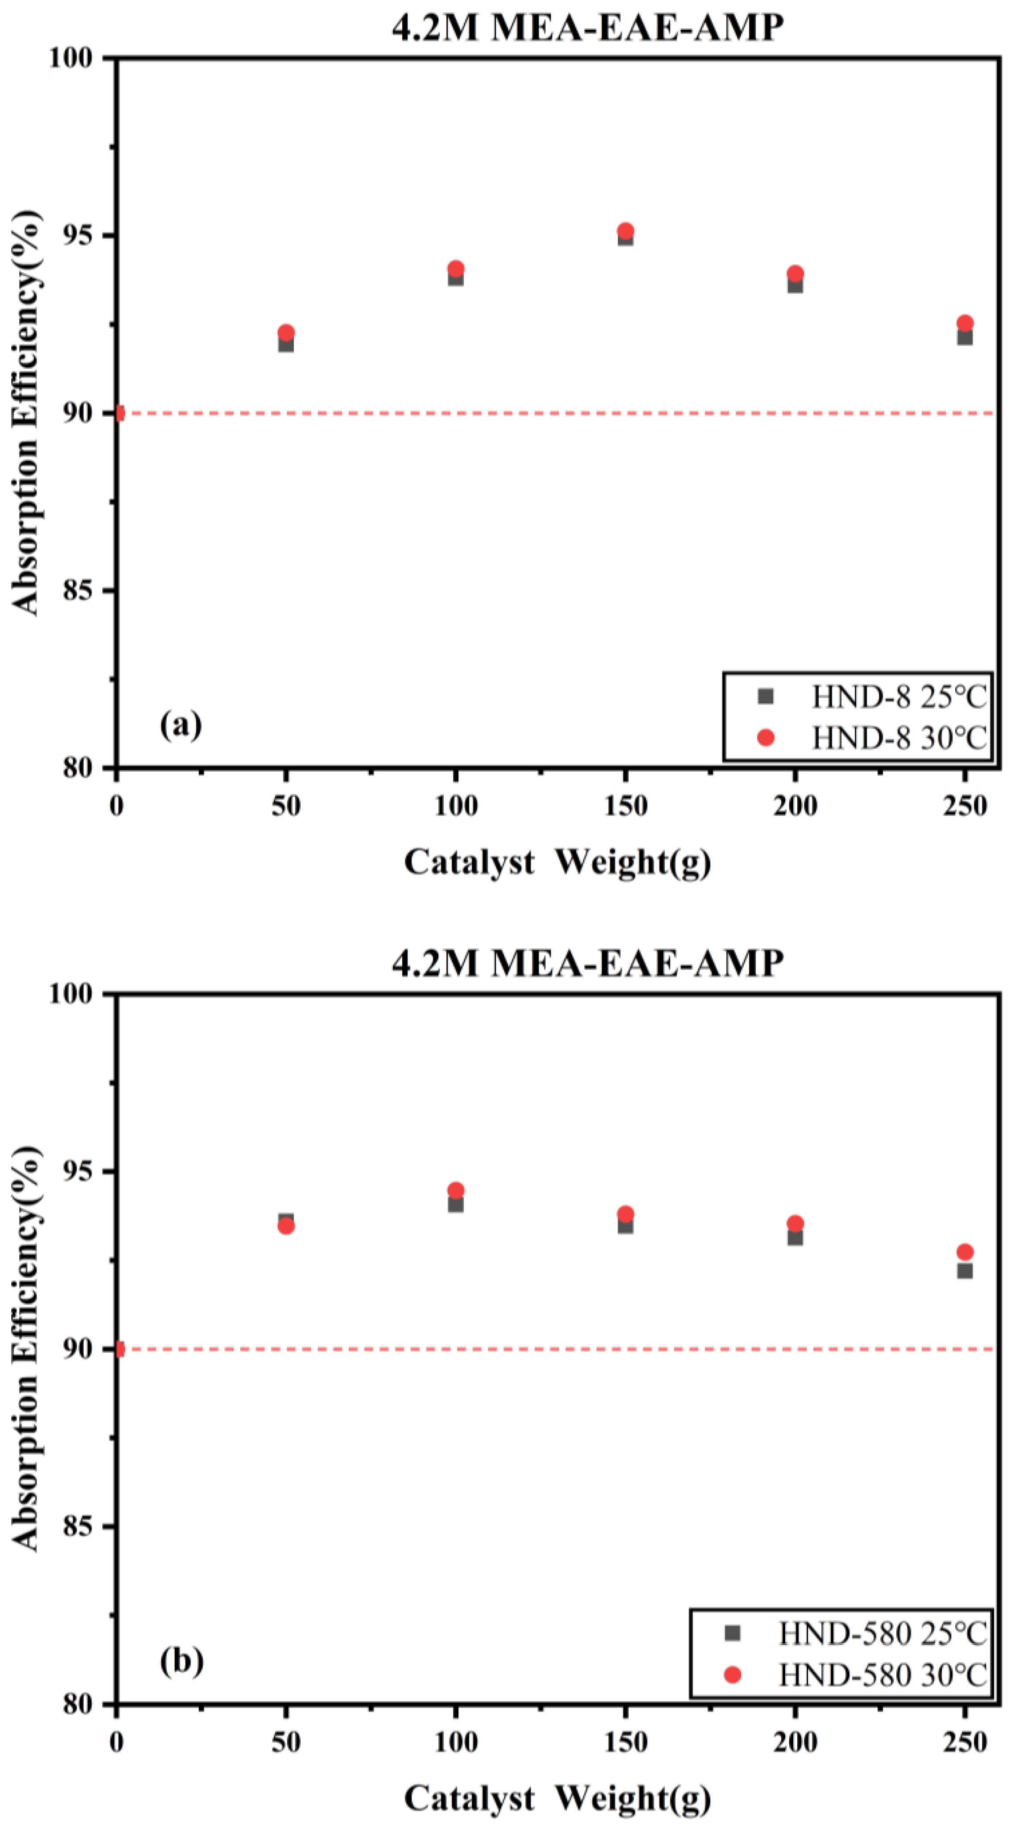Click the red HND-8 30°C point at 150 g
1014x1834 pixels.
click(x=625, y=231)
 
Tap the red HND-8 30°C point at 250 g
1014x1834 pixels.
click(x=965, y=323)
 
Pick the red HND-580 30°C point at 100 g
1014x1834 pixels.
click(x=456, y=1190)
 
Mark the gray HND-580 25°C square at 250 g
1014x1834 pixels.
click(x=965, y=1271)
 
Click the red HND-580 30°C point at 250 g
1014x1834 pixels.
click(x=965, y=1251)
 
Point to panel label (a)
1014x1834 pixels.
click(x=181, y=725)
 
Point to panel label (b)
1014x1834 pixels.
click(x=181, y=1661)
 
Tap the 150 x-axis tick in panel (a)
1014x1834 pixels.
click(x=625, y=806)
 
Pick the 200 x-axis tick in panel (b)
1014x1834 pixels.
click(x=796, y=1742)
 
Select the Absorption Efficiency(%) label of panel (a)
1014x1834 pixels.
click(x=25, y=413)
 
